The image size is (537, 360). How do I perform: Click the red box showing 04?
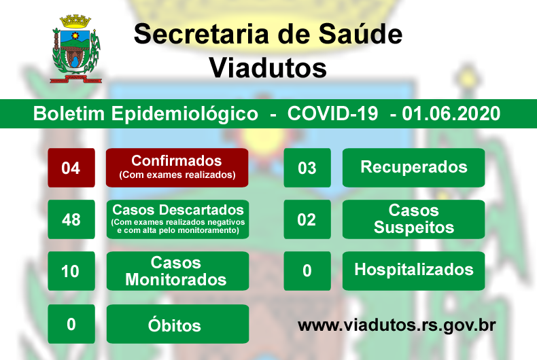(71, 168)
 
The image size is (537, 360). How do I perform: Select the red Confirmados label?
(177, 168)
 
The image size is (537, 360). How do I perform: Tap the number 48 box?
(71, 219)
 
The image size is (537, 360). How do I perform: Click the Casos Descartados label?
(177, 219)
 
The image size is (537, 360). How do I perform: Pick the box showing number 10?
(71, 271)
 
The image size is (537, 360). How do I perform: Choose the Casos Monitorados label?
(177, 271)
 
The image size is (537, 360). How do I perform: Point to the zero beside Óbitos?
(71, 324)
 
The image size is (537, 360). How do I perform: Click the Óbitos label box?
(177, 324)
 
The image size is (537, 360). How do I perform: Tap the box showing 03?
(307, 168)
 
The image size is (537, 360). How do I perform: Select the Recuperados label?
(413, 168)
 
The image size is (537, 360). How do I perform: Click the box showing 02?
(307, 219)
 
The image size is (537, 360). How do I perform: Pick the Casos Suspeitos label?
(413, 219)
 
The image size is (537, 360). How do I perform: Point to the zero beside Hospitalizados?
(307, 271)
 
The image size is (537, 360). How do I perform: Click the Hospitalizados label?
(413, 271)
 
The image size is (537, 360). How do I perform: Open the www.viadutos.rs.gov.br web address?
(396, 325)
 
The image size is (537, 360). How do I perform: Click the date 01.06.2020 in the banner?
(451, 113)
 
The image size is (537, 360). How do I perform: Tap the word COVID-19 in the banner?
(332, 113)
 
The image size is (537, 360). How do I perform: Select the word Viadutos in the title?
(268, 68)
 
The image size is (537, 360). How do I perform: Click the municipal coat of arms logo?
(75, 49)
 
